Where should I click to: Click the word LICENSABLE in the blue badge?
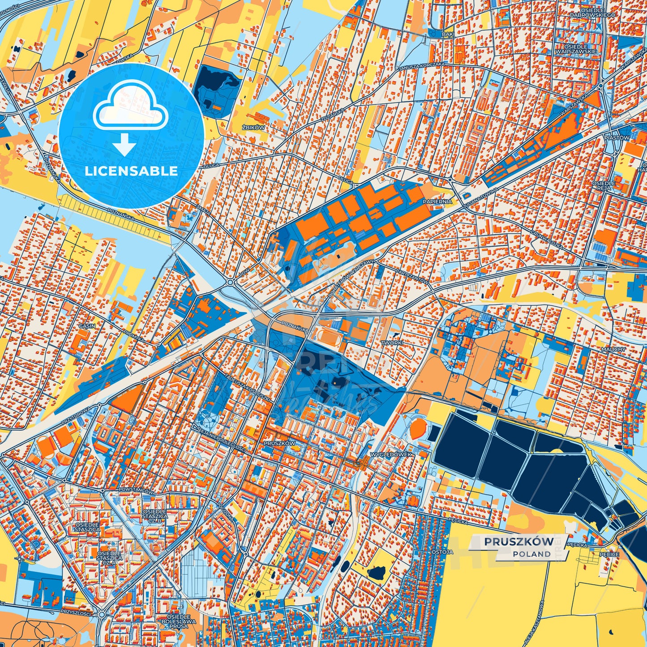[131, 171]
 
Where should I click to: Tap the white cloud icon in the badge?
[130, 109]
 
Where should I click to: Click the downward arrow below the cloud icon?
[124, 144]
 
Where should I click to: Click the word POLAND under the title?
[532, 554]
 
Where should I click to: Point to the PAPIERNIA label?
[437, 202]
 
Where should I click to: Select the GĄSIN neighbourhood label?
[87, 326]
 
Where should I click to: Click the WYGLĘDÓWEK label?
[390, 454]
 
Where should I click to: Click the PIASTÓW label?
[617, 138]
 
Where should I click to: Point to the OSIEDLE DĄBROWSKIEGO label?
[592, 12]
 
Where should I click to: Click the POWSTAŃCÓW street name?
[136, 491]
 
